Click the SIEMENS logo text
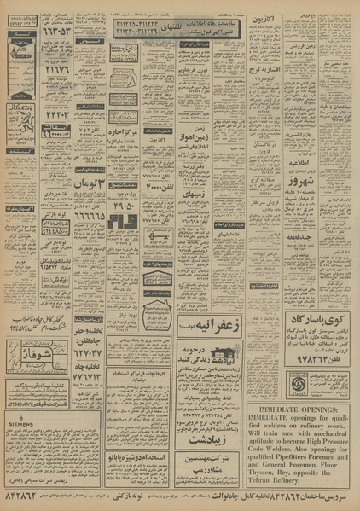(22, 445)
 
